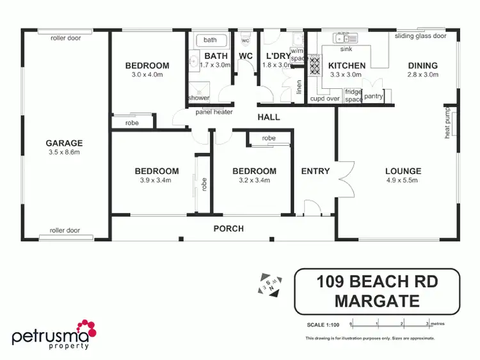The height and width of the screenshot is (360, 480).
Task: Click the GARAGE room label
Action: (x=63, y=143)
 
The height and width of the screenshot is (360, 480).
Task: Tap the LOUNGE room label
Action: (x=403, y=171)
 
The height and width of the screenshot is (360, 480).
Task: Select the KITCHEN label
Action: (x=347, y=65)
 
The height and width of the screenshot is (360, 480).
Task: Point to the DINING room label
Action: (x=422, y=65)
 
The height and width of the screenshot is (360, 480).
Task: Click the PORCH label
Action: (x=228, y=228)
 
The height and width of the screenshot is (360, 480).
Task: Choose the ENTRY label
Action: (x=316, y=171)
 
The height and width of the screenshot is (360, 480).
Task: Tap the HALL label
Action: (x=268, y=118)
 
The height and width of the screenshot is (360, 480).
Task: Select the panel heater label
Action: (x=214, y=113)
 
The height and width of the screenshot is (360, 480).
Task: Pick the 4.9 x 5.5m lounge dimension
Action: (x=403, y=180)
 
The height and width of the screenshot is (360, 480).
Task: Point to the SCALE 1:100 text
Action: (x=323, y=325)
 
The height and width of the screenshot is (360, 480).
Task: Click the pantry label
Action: (x=373, y=97)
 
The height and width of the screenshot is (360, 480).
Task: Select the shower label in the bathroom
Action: (x=198, y=98)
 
